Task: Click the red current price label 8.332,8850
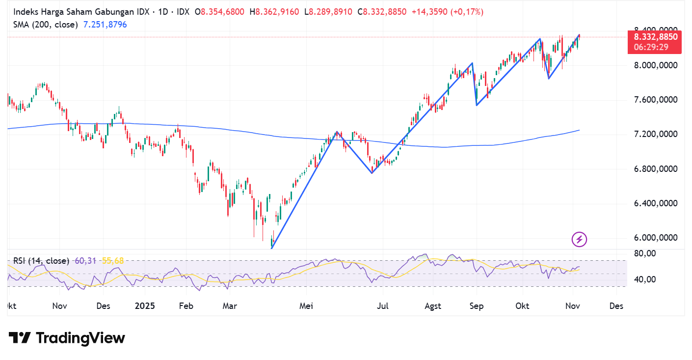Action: (x=655, y=37)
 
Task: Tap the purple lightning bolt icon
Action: (x=579, y=239)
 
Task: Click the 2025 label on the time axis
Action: (x=145, y=306)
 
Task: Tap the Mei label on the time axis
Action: (x=306, y=306)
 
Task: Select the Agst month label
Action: (x=433, y=306)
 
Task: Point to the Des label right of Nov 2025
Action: (x=616, y=306)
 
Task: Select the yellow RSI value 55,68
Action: (x=113, y=261)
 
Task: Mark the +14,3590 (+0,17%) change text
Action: (x=447, y=12)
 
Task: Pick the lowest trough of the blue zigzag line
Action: (x=271, y=248)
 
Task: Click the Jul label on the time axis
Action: (x=383, y=306)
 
